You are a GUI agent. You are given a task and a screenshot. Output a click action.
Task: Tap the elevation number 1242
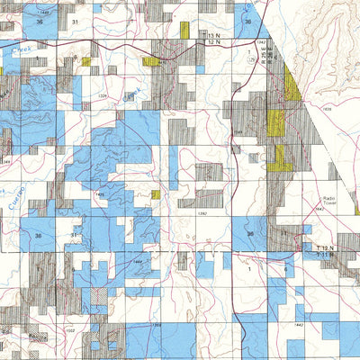[x=260, y=42]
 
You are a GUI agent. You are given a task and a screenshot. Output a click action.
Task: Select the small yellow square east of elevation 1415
[x=156, y=194]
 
